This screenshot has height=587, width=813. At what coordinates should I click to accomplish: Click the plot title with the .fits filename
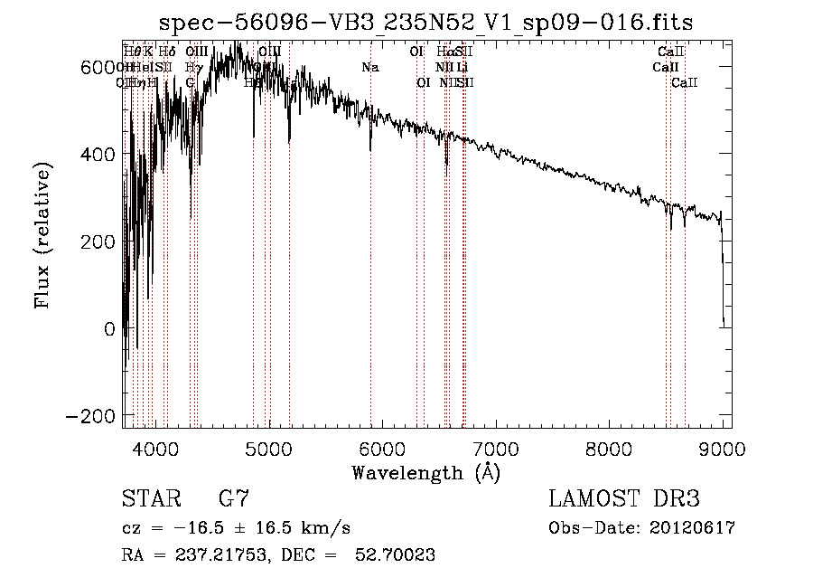tap(425, 23)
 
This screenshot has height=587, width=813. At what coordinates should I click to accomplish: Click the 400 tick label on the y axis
tap(98, 154)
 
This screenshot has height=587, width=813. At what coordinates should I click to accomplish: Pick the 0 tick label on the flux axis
tap(109, 329)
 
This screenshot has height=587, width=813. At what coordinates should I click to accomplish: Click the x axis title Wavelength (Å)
tap(425, 472)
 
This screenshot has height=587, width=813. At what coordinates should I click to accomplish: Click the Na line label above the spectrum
tap(370, 67)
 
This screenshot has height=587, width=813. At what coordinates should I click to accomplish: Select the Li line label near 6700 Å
tap(462, 67)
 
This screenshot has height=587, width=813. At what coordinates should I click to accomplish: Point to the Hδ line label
tap(168, 52)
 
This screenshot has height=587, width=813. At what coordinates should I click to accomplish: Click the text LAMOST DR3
tap(624, 499)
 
